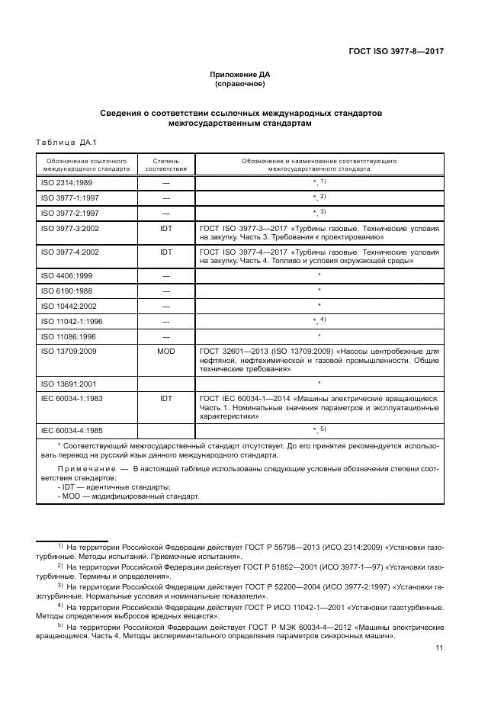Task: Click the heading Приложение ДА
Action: click(x=239, y=74)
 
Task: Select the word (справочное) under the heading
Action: click(x=239, y=84)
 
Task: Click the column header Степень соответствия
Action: click(x=165, y=165)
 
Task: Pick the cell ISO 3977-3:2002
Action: click(x=70, y=228)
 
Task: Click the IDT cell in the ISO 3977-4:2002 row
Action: click(x=165, y=251)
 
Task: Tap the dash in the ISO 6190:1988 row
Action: click(x=165, y=291)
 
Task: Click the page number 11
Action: click(x=439, y=648)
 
